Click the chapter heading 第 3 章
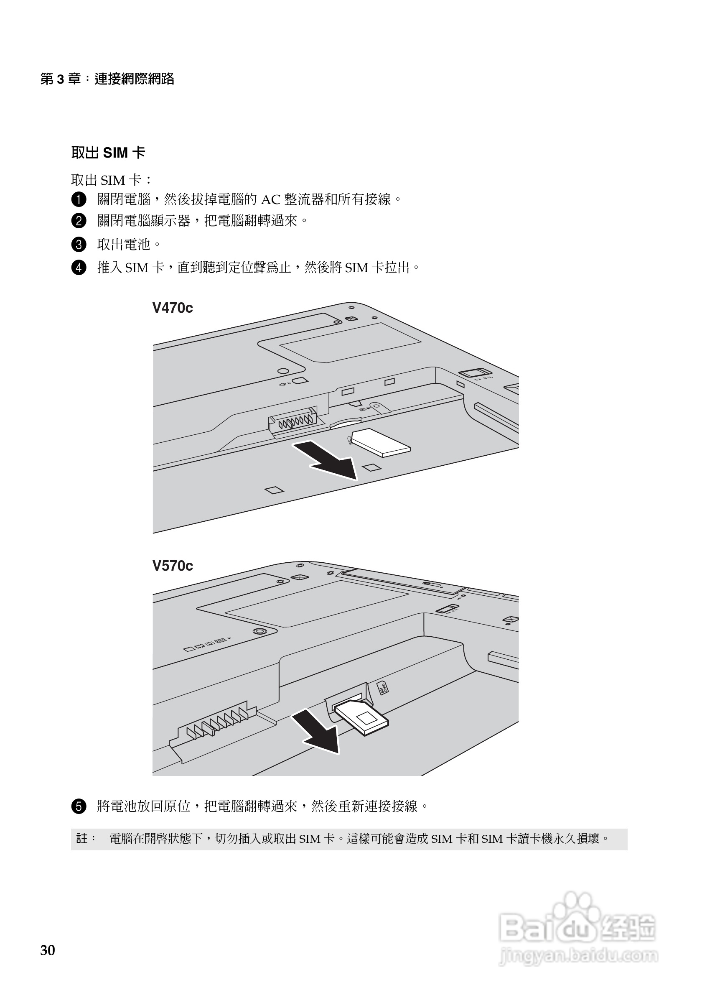coord(61,79)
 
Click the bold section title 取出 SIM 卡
coord(108,153)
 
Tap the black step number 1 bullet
coord(79,199)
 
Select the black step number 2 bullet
coord(79,221)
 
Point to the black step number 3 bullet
coord(79,245)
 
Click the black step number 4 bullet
coord(79,268)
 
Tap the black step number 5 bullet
coord(79,806)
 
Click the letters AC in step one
coord(271,200)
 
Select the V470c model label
coord(172,308)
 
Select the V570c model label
coord(172,566)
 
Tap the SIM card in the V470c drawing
coord(380,443)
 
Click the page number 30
coord(48,950)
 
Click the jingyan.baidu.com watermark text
coord(578,956)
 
